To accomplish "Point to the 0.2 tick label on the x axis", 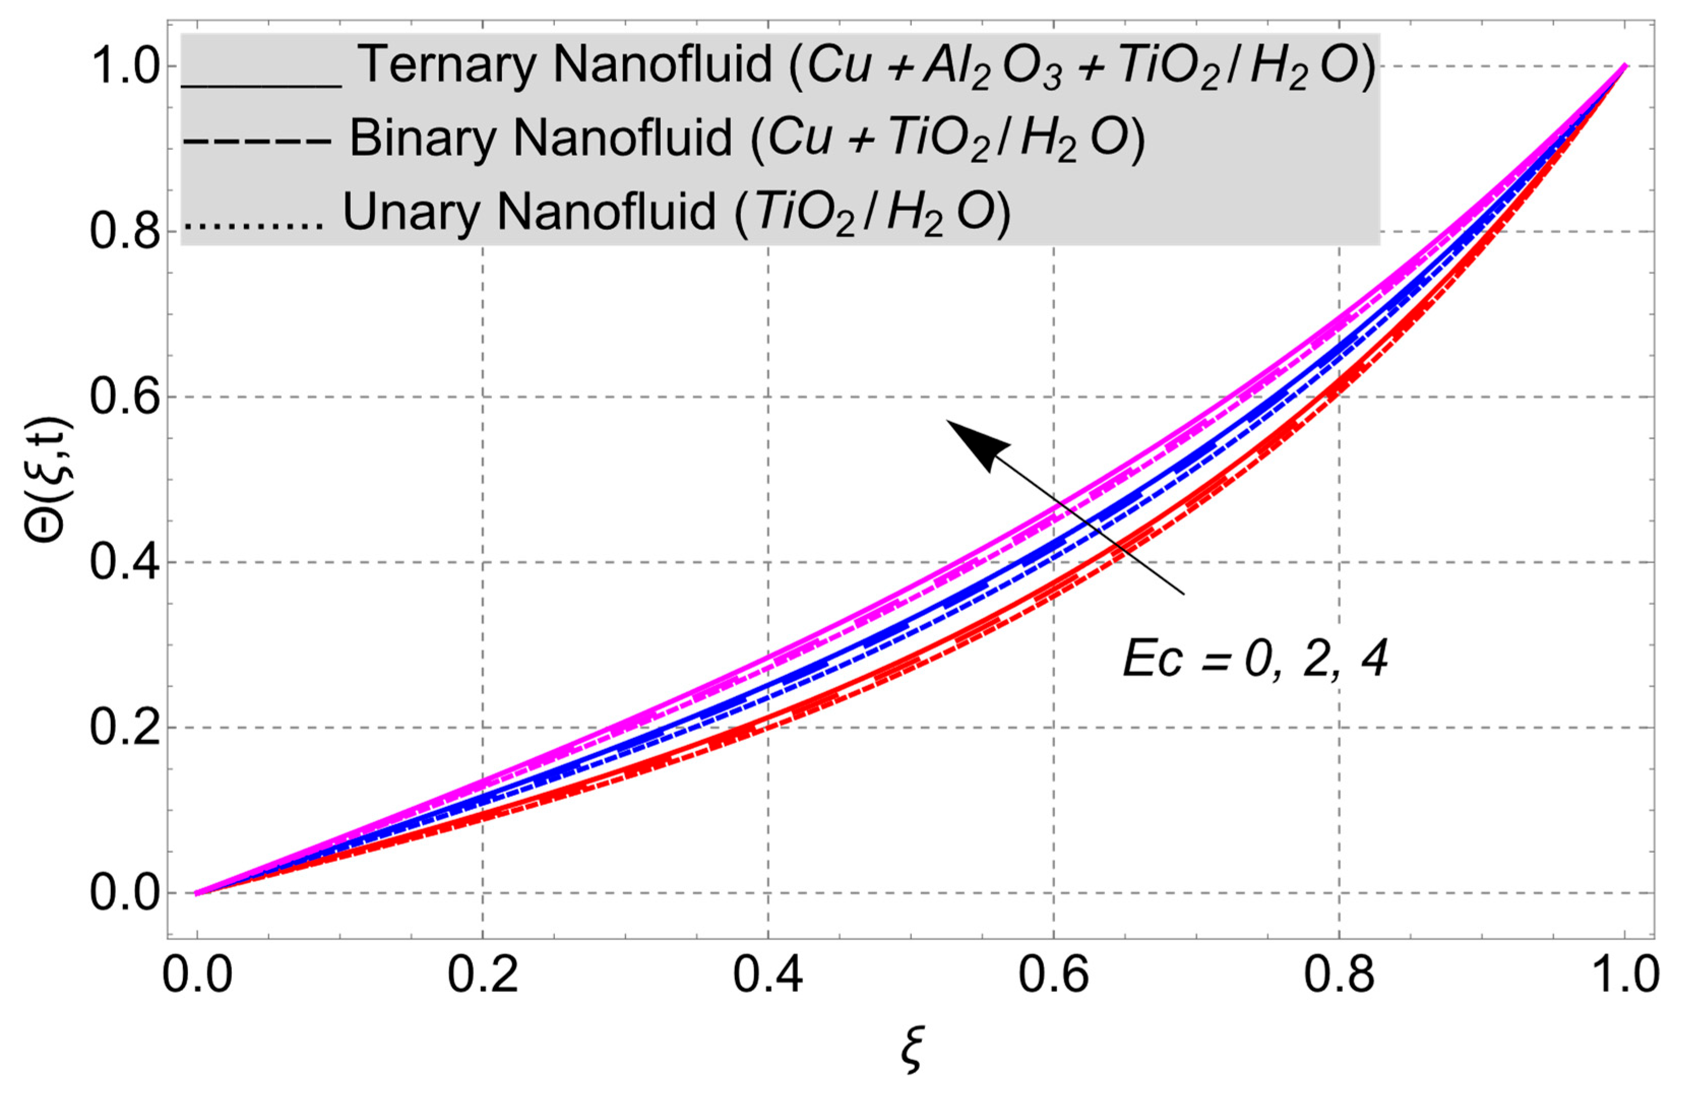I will (x=482, y=976).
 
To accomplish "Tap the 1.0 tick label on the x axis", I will (x=1624, y=976).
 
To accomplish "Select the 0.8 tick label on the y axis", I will (x=124, y=233).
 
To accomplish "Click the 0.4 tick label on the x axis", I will (x=768, y=976).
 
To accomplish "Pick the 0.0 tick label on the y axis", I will (x=124, y=893).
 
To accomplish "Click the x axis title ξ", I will (x=912, y=1052).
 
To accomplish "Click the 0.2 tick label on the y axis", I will (x=124, y=728).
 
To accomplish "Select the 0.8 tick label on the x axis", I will (x=1338, y=976).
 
